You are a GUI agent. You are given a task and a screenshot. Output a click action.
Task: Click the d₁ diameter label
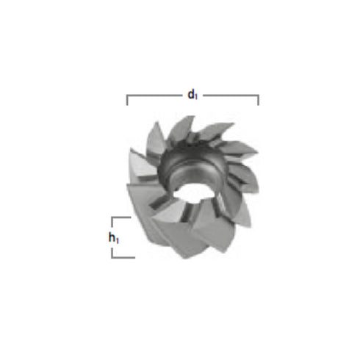[191, 94]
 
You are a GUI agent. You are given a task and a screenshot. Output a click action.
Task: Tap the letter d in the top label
[190, 94]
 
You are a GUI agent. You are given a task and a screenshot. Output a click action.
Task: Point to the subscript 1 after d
[195, 96]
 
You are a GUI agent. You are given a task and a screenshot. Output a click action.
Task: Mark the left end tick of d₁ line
[128, 100]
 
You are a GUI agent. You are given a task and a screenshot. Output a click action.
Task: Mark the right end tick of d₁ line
[258, 100]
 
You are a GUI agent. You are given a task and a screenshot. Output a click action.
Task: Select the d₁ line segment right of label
[230, 95]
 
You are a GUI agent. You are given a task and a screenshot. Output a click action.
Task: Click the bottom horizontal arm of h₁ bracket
[123, 256]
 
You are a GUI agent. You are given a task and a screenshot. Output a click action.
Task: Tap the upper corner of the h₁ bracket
[112, 217]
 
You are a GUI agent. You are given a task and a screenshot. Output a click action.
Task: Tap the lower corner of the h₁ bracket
[112, 256]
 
